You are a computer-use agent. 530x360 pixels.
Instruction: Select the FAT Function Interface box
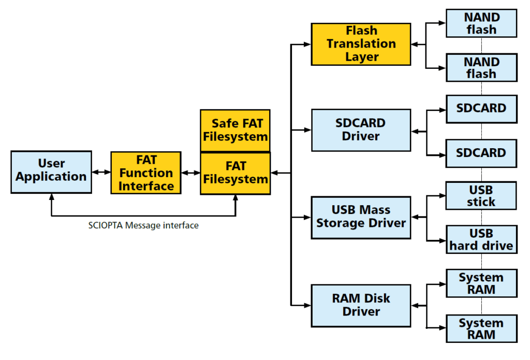[146, 172]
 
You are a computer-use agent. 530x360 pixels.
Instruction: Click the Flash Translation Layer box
[361, 44]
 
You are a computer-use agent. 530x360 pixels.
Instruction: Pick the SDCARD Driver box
[361, 130]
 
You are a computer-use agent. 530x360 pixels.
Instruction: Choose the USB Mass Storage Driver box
[361, 217]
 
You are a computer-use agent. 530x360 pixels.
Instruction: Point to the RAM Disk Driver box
[361, 305]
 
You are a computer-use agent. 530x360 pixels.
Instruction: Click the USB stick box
[481, 195]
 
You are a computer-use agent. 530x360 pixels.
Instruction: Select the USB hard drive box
[481, 239]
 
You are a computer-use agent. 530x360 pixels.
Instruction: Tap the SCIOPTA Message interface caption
[143, 225]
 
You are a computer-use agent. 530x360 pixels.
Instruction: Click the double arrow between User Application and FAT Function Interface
[101, 172]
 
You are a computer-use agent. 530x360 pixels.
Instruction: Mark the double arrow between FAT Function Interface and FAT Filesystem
[190, 172]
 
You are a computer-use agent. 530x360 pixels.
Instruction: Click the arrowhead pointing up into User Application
[51, 197]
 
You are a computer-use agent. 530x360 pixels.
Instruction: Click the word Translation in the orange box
[361, 44]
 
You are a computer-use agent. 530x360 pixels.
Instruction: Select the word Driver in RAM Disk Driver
[361, 312]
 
